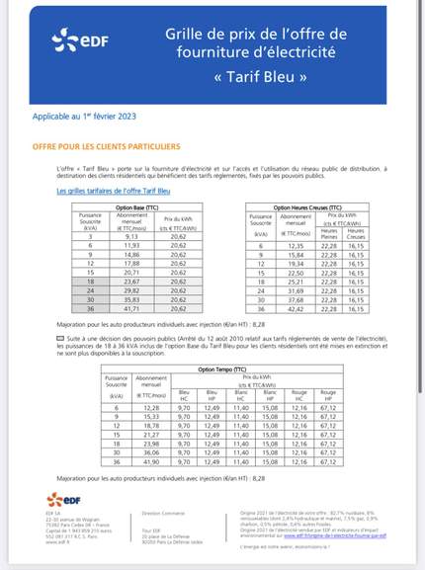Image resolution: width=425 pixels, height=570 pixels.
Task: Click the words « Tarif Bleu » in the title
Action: (x=260, y=76)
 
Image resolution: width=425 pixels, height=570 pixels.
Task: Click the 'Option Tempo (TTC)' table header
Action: (x=218, y=369)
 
